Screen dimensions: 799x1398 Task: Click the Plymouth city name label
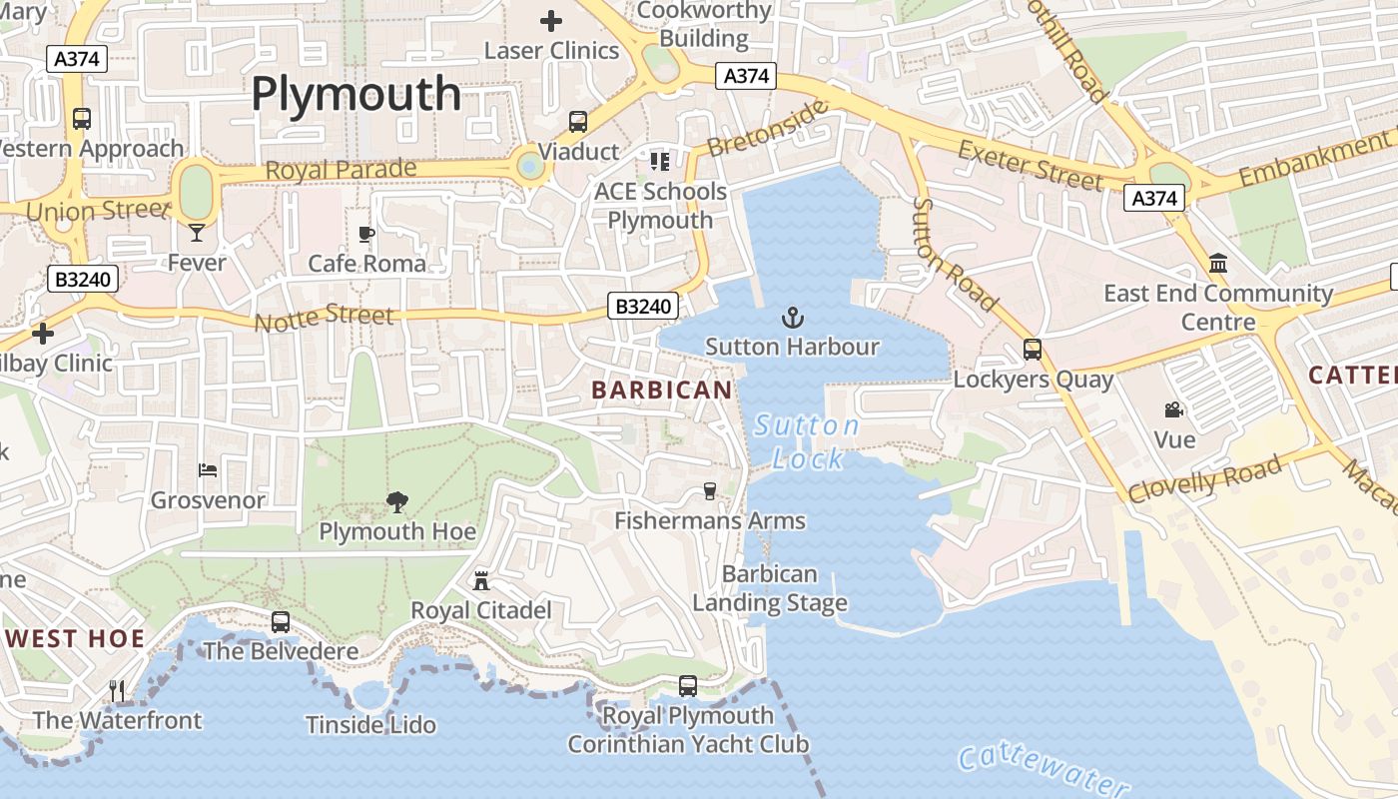pyautogui.click(x=355, y=94)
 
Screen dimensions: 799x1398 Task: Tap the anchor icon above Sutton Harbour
pyautogui.click(x=792, y=319)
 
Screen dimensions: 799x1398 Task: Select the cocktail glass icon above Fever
pyautogui.click(x=196, y=233)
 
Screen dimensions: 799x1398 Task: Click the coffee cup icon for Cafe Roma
pyautogui.click(x=366, y=235)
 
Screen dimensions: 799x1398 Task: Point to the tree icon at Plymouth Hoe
pyautogui.click(x=396, y=502)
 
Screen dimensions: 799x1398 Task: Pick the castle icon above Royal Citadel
pyautogui.click(x=481, y=580)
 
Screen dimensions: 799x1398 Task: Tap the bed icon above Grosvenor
pyautogui.click(x=208, y=469)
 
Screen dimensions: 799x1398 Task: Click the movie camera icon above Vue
pyautogui.click(x=1174, y=409)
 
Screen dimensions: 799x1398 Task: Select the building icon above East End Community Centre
pyautogui.click(x=1218, y=264)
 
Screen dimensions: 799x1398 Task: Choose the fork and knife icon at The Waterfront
pyautogui.click(x=117, y=690)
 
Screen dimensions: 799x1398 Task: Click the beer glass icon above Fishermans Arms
pyautogui.click(x=709, y=490)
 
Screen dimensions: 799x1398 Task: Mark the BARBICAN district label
pyautogui.click(x=662, y=391)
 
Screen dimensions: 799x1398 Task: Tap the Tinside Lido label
pyautogui.click(x=370, y=724)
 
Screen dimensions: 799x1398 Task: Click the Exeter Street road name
pyautogui.click(x=1031, y=166)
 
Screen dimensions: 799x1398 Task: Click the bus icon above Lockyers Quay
pyautogui.click(x=1033, y=350)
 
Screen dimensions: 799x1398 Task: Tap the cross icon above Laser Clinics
pyautogui.click(x=550, y=20)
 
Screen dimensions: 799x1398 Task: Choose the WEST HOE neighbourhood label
pyautogui.click(x=76, y=639)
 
